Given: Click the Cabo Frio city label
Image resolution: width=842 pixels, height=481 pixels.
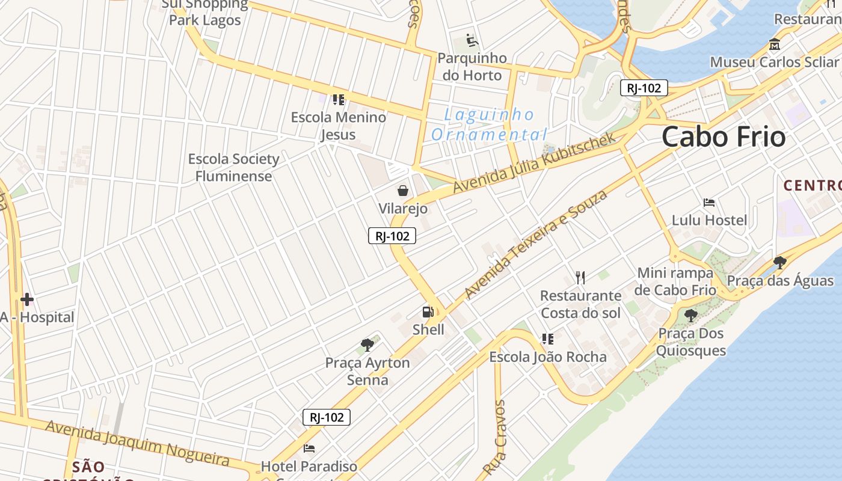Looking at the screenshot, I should [x=723, y=137].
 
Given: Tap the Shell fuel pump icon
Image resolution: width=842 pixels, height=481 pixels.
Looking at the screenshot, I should [x=428, y=312].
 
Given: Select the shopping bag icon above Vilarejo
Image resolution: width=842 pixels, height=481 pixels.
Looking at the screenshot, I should [x=403, y=191].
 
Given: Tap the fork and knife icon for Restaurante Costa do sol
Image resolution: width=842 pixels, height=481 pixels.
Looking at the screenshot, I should [x=580, y=277].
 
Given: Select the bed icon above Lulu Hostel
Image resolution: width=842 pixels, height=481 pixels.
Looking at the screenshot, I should [x=709, y=202].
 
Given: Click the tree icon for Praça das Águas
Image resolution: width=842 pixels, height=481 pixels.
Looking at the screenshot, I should [x=780, y=262].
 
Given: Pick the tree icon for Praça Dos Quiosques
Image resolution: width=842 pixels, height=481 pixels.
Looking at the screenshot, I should [x=691, y=315].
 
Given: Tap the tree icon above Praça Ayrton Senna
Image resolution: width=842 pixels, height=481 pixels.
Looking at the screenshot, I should [x=367, y=345].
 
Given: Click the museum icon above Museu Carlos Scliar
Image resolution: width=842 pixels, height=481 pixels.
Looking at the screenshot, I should [x=774, y=44].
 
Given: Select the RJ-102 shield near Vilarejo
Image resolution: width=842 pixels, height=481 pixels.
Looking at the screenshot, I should [x=392, y=236].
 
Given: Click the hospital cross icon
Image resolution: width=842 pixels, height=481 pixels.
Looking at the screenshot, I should [x=26, y=299].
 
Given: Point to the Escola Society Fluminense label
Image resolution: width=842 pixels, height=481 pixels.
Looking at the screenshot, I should [x=233, y=168].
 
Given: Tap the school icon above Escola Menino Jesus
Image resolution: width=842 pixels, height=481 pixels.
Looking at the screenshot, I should [x=339, y=99].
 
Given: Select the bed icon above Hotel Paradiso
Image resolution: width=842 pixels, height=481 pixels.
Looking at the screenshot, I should [x=309, y=449].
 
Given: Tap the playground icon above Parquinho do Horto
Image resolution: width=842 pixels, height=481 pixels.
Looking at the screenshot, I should [x=473, y=41].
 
